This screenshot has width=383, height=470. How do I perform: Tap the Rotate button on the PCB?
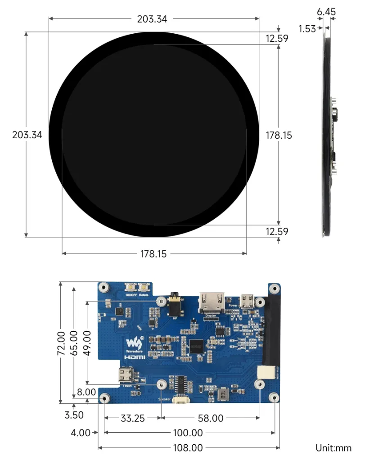144,287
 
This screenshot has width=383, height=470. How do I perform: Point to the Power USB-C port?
247,300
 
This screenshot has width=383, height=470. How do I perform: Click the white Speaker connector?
179,399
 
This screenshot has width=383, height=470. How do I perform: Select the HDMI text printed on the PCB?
135,357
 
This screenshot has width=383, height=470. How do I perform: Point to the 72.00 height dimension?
61,343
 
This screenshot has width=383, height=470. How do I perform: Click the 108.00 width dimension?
189,448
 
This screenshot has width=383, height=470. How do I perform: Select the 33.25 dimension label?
133,418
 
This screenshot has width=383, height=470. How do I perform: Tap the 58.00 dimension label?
211,418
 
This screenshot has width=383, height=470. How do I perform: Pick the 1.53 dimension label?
307,29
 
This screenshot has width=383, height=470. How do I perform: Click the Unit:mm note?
333,448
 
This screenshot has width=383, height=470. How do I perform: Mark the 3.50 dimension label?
74,415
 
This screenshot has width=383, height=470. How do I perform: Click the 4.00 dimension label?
81,433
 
